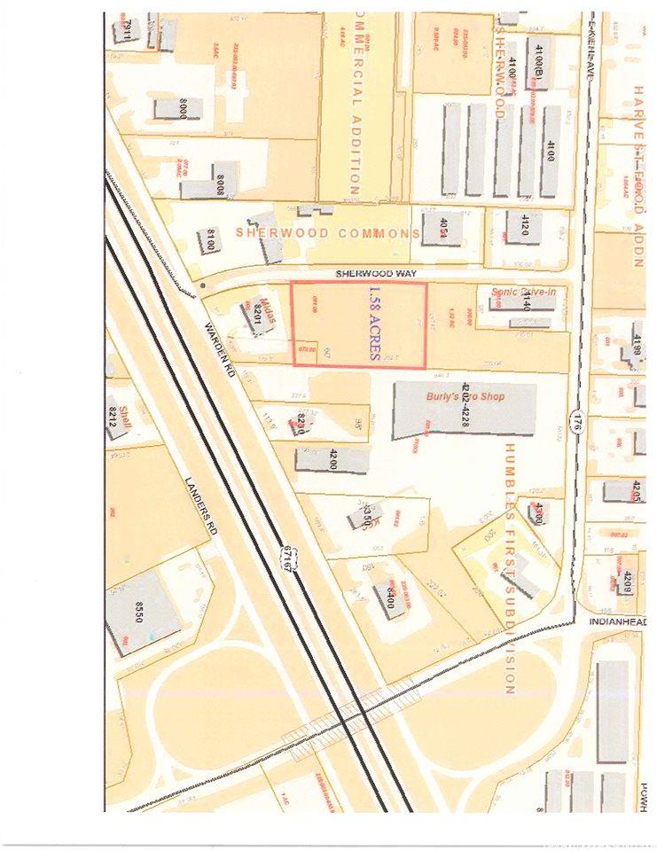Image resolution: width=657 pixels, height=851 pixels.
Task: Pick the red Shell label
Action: pyautogui.click(x=116, y=413)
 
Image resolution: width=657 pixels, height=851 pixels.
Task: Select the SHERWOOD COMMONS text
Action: pyautogui.click(x=327, y=233)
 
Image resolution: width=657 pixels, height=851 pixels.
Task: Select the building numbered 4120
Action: pyautogui.click(x=520, y=226)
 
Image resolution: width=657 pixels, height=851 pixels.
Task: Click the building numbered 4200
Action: pyautogui.click(x=332, y=460)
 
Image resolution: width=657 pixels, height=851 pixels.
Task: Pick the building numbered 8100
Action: pyautogui.click(x=210, y=239)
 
